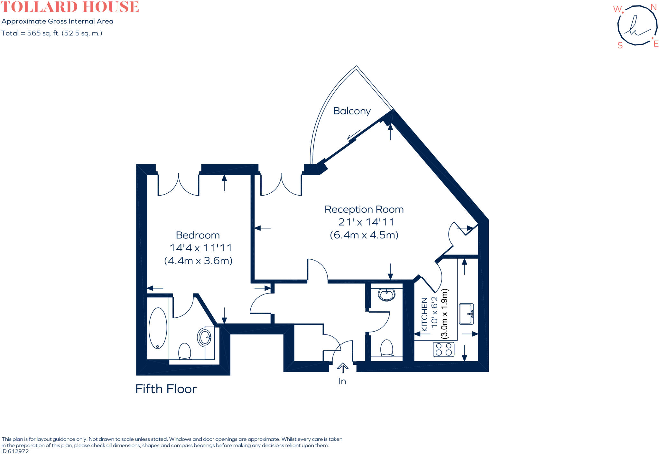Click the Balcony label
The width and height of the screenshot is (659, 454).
tap(352, 111)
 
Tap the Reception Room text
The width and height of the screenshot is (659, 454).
tap(364, 209)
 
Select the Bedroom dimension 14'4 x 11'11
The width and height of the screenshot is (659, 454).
tap(200, 248)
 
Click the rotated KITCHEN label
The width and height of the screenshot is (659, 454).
tap(424, 314)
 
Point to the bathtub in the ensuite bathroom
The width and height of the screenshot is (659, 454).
tap(158, 328)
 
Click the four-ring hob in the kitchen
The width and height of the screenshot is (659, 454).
tap(444, 349)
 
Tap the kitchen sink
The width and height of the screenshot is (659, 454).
tap(466, 314)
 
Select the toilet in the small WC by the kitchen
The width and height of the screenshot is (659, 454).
tap(386, 348)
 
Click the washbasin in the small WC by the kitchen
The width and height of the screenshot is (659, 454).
tap(386, 295)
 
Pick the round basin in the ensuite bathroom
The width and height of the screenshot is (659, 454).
tap(204, 337)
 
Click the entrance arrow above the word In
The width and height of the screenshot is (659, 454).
tap(342, 368)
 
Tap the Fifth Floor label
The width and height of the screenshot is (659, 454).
tap(166, 389)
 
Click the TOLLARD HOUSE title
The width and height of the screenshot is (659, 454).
tap(70, 7)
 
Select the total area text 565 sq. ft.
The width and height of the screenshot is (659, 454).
tap(51, 33)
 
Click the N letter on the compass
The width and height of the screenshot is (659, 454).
tap(653, 7)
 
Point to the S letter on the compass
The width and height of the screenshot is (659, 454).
tap(620, 46)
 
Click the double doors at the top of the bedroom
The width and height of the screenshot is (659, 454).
tap(178, 185)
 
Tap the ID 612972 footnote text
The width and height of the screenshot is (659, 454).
tap(15, 451)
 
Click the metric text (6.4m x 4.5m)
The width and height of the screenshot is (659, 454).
tap(364, 235)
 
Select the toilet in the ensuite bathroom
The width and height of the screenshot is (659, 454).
tap(185, 351)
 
